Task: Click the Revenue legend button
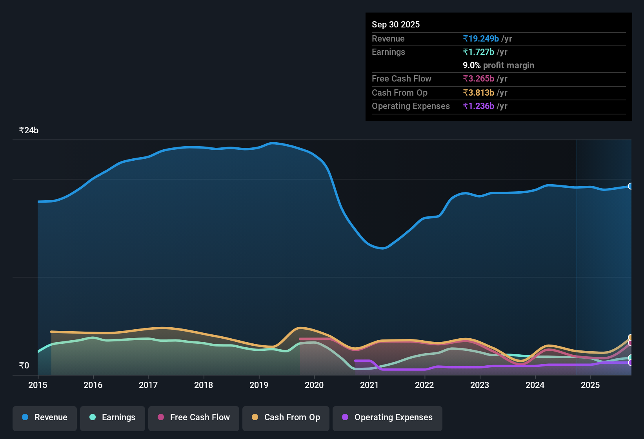click(x=45, y=417)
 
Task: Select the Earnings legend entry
click(x=113, y=417)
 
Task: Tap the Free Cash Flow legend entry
click(x=194, y=417)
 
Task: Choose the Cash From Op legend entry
click(x=286, y=417)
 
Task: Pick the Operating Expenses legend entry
click(x=387, y=417)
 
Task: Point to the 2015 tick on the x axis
click(x=38, y=385)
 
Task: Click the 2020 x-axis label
click(x=314, y=385)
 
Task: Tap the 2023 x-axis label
click(x=480, y=385)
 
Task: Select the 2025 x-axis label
click(x=590, y=385)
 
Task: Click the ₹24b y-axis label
click(x=29, y=131)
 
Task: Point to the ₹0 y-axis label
click(x=24, y=366)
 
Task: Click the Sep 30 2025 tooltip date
click(x=396, y=24)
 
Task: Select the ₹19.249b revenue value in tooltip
click(x=481, y=39)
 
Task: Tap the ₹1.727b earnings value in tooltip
click(x=478, y=52)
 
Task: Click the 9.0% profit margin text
click(x=498, y=65)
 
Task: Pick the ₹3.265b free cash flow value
click(x=478, y=79)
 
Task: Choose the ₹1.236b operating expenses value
click(x=478, y=106)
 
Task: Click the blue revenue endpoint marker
click(x=630, y=186)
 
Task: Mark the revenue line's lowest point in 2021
click(x=382, y=248)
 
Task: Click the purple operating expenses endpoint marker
click(x=630, y=363)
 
